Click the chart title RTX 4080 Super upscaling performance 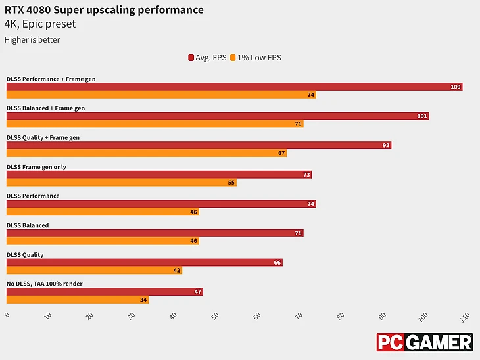pos(104,10)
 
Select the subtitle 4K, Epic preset pos(40,24)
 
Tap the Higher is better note pos(32,40)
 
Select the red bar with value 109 pos(234,87)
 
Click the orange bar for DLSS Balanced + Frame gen pos(155,124)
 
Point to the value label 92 pos(386,145)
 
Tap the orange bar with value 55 pos(121,182)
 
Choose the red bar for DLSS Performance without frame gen pos(161,204)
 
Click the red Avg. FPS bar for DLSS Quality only pos(144,262)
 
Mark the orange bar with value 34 pos(78,300)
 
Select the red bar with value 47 pos(105,292)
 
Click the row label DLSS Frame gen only pos(36,167)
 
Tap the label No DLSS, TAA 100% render pos(45,284)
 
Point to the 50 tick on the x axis pos(214,316)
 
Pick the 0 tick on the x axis pos(7,315)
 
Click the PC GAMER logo pos(424,342)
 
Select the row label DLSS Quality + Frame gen pos(43,137)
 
